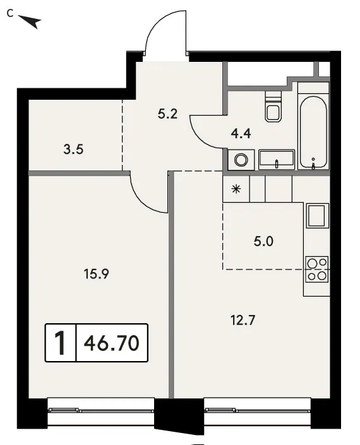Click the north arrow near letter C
pos(31,21)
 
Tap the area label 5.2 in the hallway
pos(167,114)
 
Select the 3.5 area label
pos(73,149)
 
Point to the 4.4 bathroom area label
pos(241,133)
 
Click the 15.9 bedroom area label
pos(96,274)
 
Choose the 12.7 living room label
pos(243,321)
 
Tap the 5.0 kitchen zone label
pos(263,241)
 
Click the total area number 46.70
pos(112,343)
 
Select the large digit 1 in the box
pos(60,343)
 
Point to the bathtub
pos(313,132)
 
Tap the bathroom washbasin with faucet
pos(277,160)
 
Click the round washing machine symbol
pos(241,160)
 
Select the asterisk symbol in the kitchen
pos(236,189)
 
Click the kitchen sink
pos(316,216)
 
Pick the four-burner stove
pos(316,270)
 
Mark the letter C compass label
pos(10,13)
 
